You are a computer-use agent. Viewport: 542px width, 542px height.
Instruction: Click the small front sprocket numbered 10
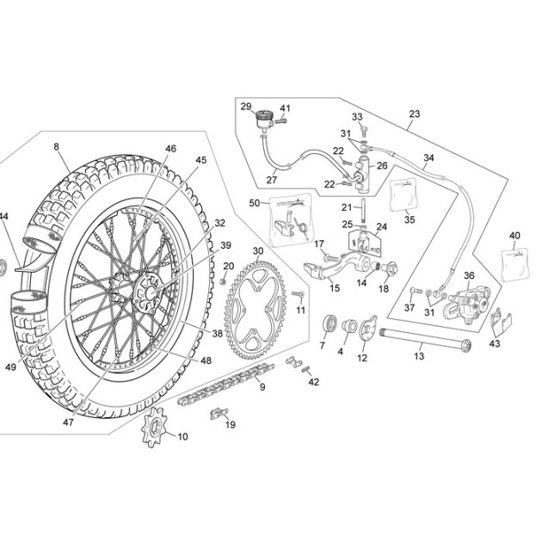click(155, 427)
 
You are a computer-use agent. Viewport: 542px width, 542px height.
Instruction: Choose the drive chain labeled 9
click(226, 385)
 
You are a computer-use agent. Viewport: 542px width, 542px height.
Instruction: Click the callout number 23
click(415, 114)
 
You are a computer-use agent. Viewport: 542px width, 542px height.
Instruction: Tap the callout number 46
click(170, 149)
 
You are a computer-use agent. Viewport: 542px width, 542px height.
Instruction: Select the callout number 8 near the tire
click(56, 146)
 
